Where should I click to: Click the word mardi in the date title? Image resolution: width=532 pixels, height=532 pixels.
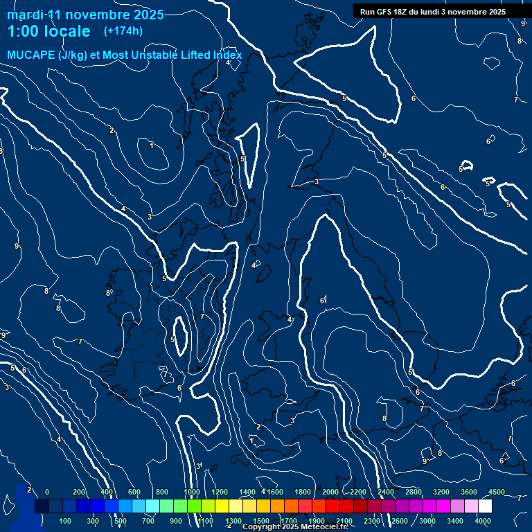point(24,15)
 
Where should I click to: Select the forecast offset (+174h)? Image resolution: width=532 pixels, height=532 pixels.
point(123,31)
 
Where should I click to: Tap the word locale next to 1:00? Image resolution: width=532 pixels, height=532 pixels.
point(67,31)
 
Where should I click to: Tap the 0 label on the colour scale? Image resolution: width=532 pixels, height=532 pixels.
point(47,492)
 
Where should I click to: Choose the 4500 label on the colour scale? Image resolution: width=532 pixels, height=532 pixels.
point(496,492)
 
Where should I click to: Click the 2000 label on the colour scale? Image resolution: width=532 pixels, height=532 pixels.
point(330,492)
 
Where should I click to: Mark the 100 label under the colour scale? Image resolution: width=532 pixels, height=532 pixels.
point(65,520)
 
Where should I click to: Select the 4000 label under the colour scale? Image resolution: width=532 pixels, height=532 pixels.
point(484,520)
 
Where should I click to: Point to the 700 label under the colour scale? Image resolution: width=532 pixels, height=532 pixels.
point(148,520)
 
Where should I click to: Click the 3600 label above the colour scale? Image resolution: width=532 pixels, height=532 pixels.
point(468,492)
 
